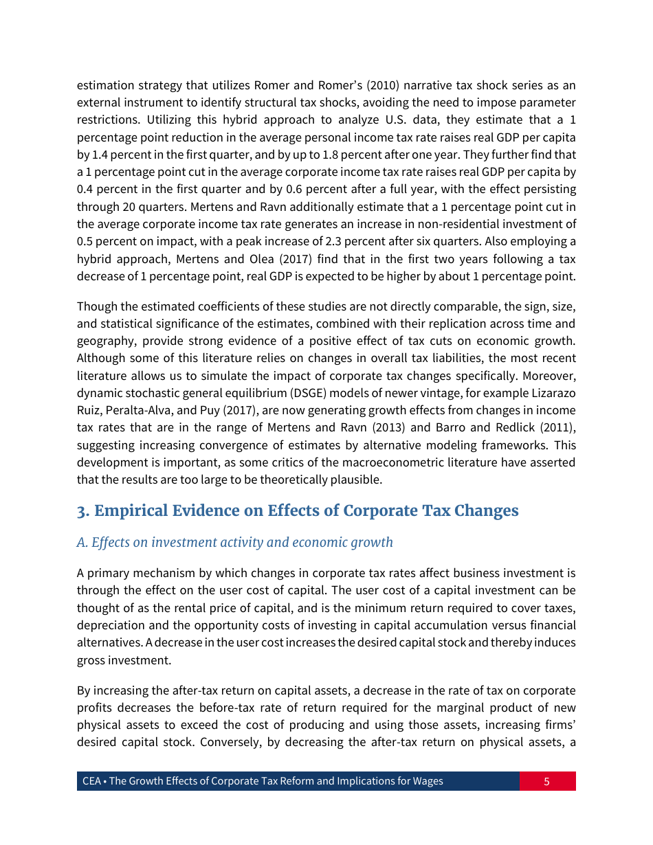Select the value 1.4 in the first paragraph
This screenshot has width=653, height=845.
[x=98, y=155]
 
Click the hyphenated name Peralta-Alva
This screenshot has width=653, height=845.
[x=139, y=410]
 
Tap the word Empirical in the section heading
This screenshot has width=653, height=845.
[x=132, y=511]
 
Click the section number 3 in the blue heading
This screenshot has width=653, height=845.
[x=81, y=511]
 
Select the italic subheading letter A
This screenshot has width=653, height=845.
[x=81, y=543]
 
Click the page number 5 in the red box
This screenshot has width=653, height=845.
[x=546, y=781]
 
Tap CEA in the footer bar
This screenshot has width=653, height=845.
[x=91, y=781]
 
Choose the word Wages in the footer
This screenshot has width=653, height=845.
[x=427, y=781]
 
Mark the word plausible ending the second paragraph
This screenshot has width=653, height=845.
[x=357, y=480]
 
